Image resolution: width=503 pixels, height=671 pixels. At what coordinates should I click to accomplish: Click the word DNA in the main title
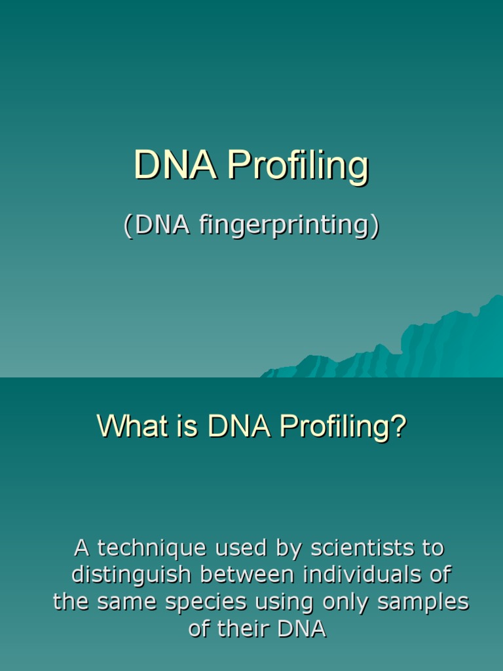175,165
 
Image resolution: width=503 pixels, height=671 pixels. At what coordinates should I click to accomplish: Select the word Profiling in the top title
298,166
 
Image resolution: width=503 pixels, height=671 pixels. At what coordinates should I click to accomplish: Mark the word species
213,603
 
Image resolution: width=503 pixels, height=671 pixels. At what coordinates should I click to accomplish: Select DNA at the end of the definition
302,629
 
